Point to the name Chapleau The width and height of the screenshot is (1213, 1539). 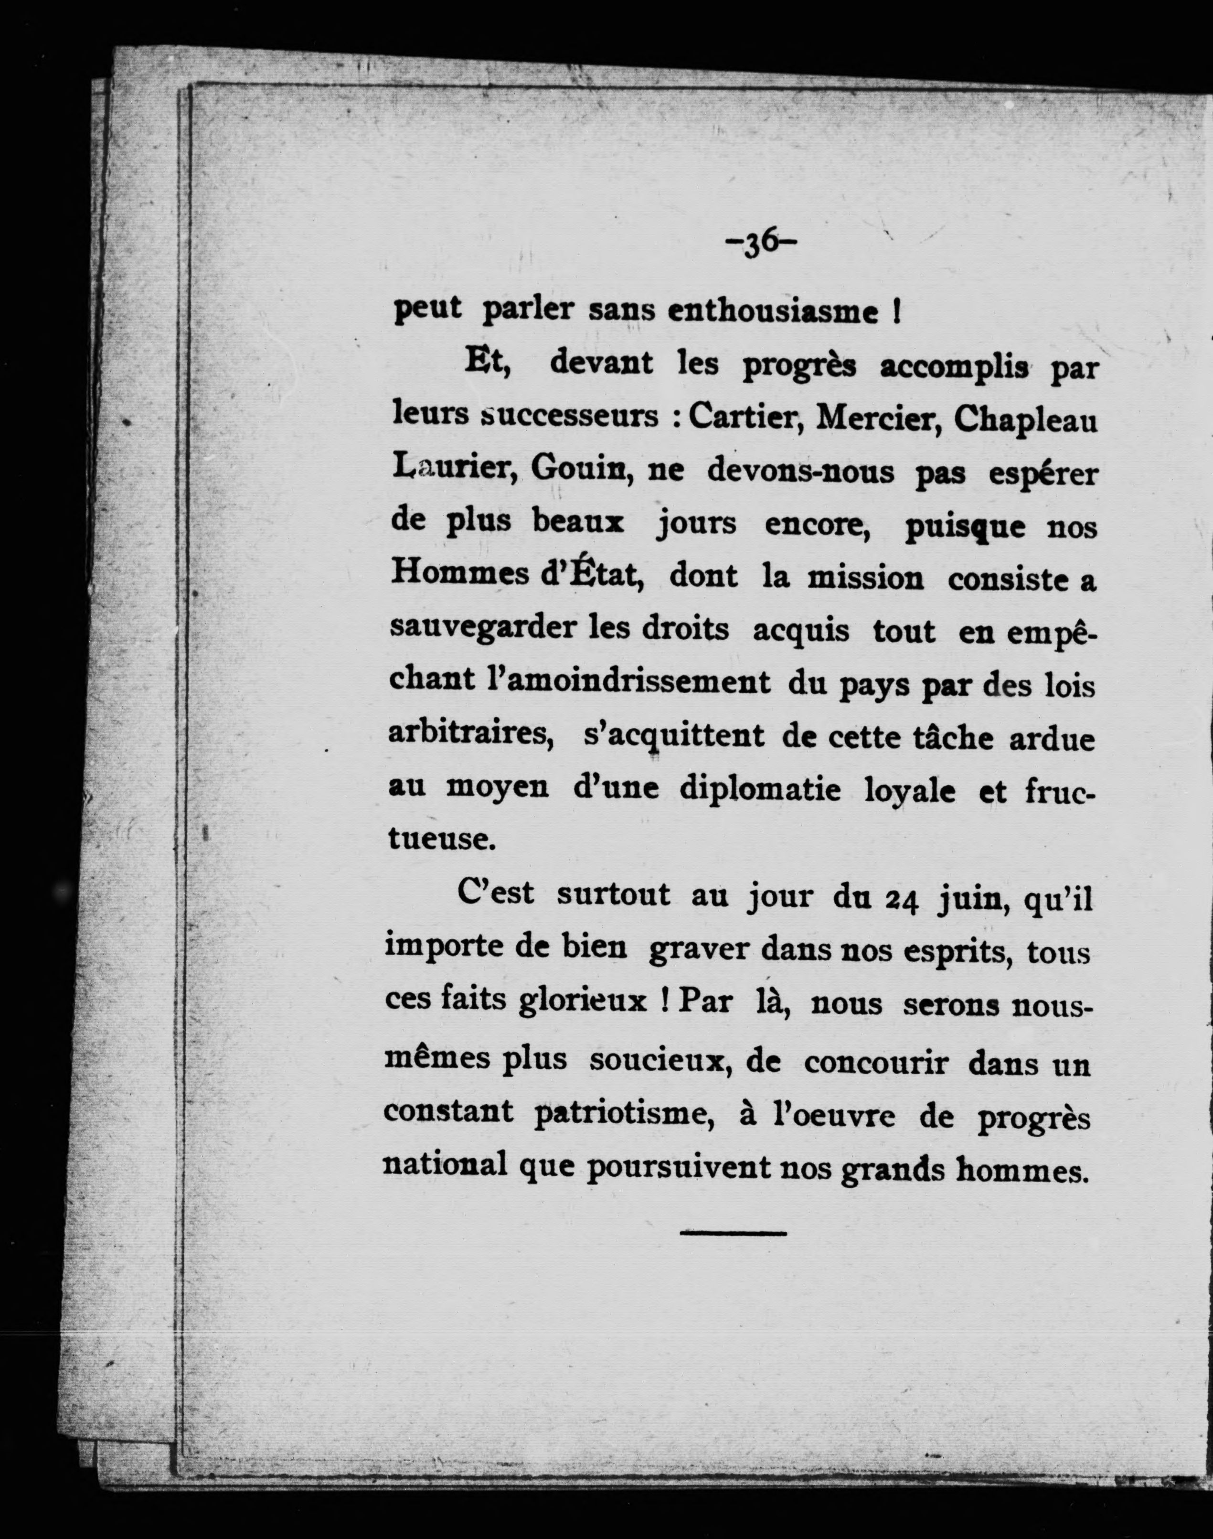(1025, 420)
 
